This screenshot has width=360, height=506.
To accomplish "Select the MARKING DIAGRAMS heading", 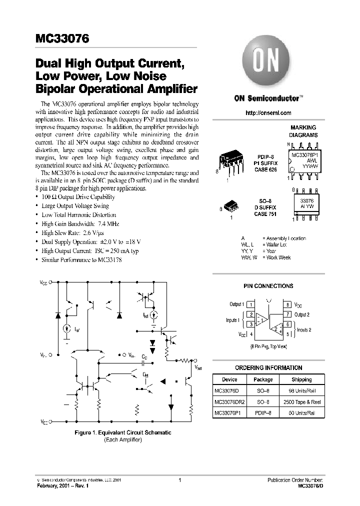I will pos(303,131).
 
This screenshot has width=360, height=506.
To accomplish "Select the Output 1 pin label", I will pos(236,304).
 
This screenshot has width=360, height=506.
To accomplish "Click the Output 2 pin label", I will pos(301,314).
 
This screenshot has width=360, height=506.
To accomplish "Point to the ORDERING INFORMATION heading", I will pos(268,367).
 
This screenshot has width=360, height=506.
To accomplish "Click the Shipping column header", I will pos(301,379).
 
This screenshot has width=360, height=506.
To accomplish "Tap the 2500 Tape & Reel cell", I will pos(301,401).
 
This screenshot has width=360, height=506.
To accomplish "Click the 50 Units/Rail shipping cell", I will pos(301,412).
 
